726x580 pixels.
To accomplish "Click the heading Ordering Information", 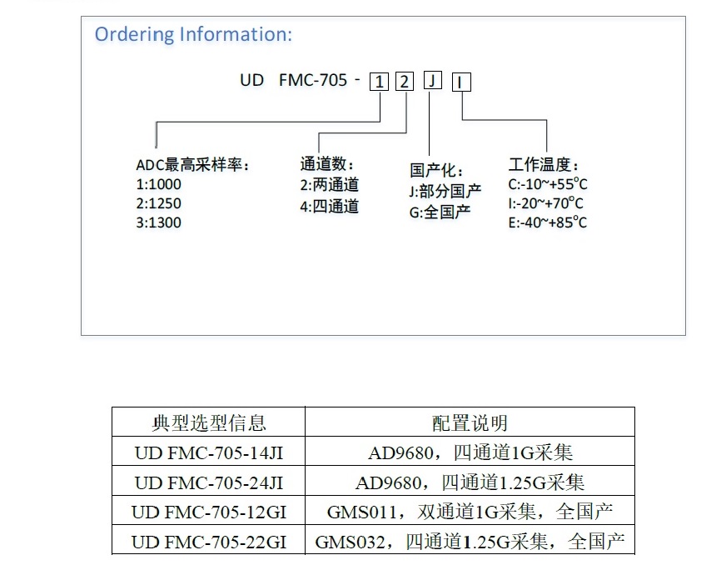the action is (x=193, y=35).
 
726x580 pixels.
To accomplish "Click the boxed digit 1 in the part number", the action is (x=379, y=82).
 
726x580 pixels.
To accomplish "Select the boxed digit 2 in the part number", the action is (x=404, y=82).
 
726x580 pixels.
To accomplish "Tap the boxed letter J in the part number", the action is (x=433, y=80).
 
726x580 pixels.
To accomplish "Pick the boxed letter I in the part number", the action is (x=461, y=82).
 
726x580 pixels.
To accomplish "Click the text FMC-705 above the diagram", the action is (x=313, y=80).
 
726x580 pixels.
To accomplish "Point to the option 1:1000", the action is (x=158, y=184).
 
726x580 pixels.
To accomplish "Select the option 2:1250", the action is (x=158, y=203).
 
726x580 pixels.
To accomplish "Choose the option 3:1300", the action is (x=158, y=222).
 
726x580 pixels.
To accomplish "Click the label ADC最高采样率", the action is (x=192, y=164).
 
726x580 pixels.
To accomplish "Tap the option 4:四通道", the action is (x=329, y=206).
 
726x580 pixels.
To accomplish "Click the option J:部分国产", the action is (x=445, y=191).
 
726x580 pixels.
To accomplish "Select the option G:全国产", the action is (x=440, y=212).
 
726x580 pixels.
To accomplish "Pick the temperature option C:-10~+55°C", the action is (x=547, y=184).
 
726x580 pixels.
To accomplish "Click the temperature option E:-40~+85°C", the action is (x=547, y=222).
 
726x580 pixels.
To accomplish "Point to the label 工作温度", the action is (x=543, y=164).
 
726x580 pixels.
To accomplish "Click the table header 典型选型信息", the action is (x=209, y=423).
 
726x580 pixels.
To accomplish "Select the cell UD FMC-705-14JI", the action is (x=209, y=452).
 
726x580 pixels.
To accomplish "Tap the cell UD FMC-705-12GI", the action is (x=209, y=512).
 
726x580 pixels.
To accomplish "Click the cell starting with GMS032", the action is (x=470, y=542).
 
